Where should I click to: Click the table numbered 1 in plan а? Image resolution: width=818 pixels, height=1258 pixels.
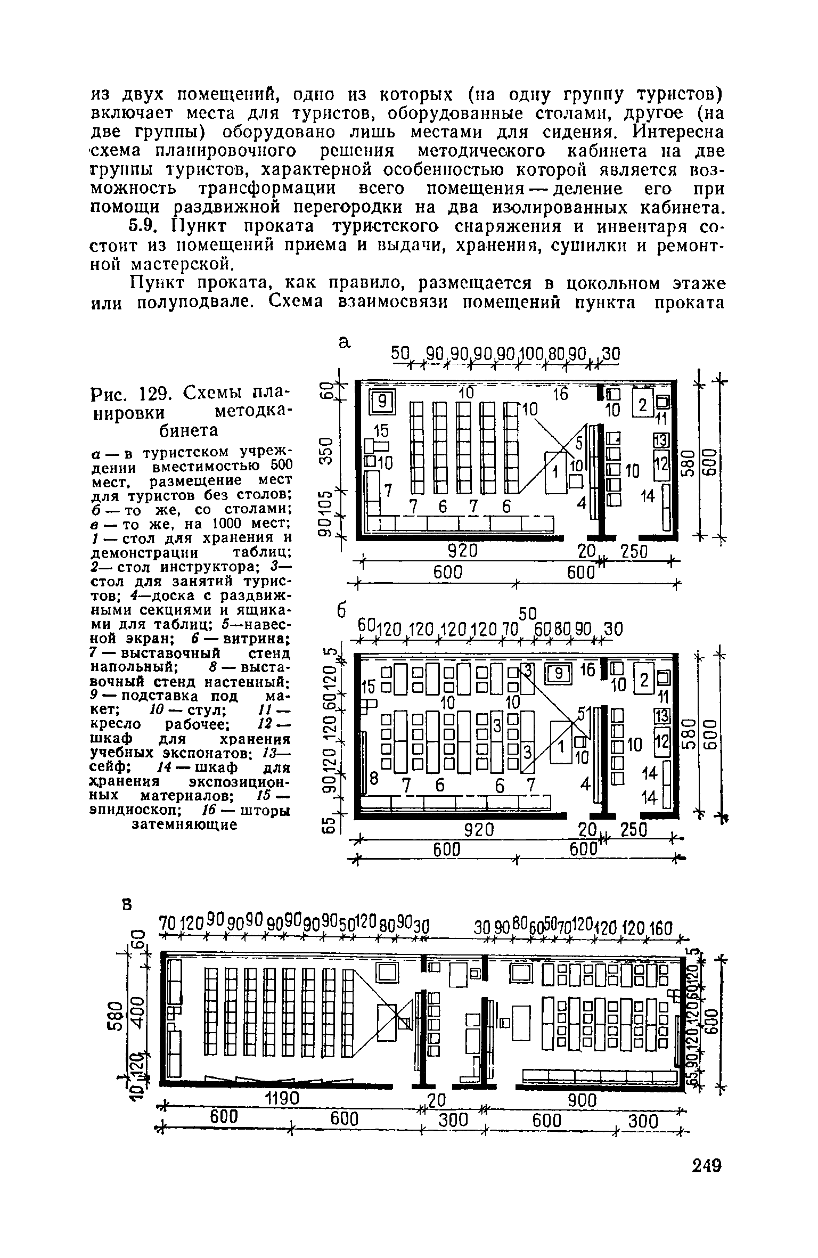(555, 471)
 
